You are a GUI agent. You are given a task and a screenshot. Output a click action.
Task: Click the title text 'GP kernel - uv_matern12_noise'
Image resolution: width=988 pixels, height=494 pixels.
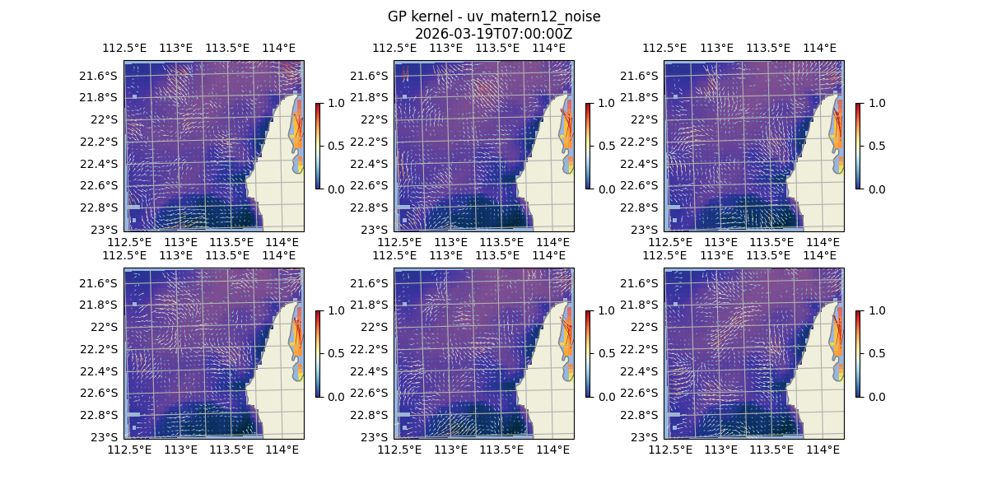point(493,16)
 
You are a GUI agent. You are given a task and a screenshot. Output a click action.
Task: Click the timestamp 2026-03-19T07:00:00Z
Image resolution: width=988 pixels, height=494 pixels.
point(493,34)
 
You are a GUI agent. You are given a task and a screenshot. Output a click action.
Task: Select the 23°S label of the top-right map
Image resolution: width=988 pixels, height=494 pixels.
point(643,229)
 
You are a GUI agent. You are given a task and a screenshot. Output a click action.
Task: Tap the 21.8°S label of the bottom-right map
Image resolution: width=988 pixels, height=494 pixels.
point(641,305)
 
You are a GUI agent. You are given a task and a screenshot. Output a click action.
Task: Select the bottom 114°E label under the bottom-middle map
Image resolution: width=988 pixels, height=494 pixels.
point(552,450)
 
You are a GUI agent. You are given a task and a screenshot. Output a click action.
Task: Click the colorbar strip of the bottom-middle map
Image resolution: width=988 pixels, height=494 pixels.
point(588,353)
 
